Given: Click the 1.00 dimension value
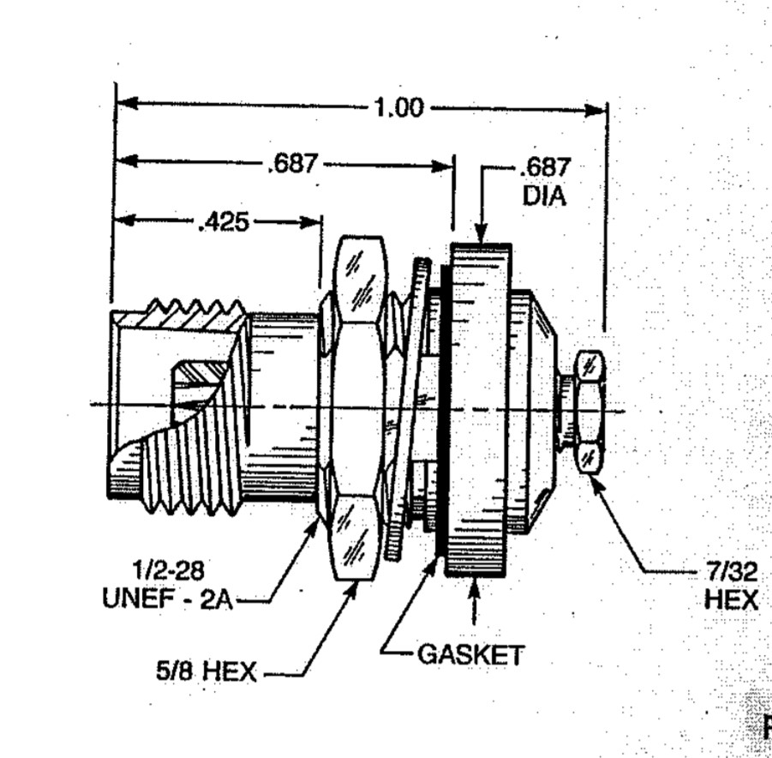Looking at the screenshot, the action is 398,107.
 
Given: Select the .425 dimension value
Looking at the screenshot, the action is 224,222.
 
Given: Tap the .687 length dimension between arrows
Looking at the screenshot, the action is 292,164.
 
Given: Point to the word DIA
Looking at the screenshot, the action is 544,196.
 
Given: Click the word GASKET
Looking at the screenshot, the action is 470,655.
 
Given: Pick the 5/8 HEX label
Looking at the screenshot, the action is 206,671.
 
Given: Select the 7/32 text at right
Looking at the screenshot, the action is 732,572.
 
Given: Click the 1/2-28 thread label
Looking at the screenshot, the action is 169,571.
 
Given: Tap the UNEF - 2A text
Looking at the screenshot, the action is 167,599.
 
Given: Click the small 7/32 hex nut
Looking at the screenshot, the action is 589,412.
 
